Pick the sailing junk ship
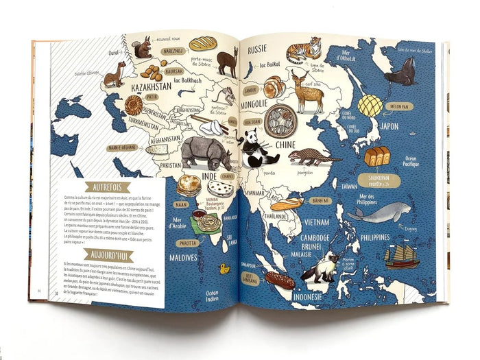401,256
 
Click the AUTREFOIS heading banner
108,187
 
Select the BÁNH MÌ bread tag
321,201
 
